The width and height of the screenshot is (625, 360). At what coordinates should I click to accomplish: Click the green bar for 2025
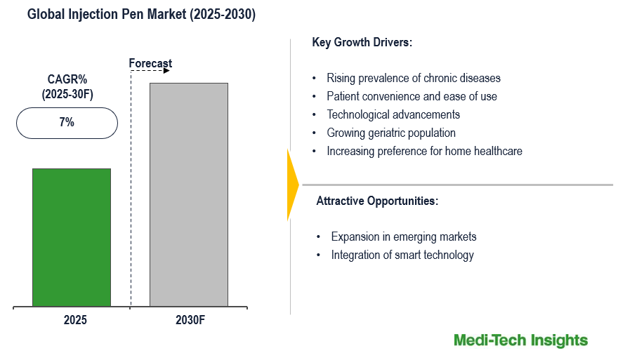(72, 237)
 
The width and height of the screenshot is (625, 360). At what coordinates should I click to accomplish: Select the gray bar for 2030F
(189, 194)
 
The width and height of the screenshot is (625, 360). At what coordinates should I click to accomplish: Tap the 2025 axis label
(75, 320)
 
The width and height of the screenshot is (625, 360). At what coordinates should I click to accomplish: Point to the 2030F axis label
(190, 320)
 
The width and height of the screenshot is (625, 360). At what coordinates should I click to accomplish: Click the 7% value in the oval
(67, 122)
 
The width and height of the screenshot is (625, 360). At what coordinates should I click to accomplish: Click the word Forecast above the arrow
(150, 64)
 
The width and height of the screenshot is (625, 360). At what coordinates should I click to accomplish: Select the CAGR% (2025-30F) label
(67, 87)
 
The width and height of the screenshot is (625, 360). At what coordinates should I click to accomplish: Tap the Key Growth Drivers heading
(362, 43)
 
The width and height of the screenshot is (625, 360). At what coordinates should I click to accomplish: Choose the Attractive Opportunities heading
(377, 201)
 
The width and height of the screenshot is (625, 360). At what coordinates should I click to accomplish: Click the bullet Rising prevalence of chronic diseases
(414, 78)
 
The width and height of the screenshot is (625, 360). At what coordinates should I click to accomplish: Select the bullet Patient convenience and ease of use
(412, 96)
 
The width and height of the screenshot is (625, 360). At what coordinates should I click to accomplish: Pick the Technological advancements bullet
(393, 114)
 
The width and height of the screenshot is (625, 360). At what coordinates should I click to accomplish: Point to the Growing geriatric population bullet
(391, 133)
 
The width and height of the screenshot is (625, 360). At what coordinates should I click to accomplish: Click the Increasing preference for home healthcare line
(424, 151)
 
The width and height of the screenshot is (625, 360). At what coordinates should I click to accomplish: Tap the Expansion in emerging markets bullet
(404, 236)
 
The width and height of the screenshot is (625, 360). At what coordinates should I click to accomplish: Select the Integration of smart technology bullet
(402, 255)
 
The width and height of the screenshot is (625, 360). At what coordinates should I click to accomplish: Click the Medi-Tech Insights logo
(520, 340)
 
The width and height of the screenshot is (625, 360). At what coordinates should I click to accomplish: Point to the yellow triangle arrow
(292, 185)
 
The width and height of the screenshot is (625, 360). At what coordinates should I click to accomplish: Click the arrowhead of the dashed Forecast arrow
(167, 71)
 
